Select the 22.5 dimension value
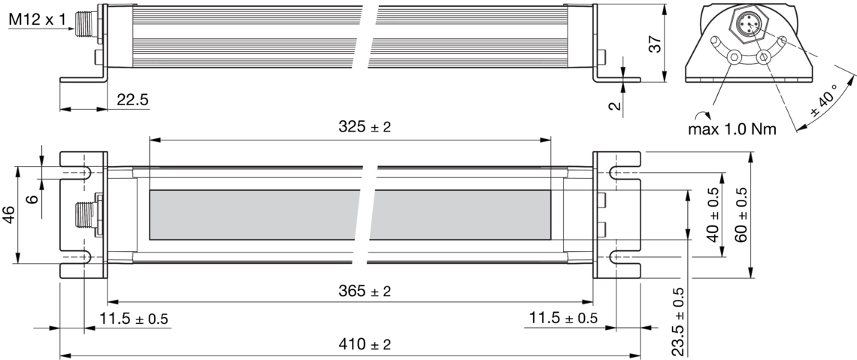point(132,99)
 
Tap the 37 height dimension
point(654,43)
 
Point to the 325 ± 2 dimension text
point(365,127)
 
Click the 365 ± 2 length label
point(365,291)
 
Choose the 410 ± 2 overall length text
point(365,345)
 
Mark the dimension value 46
point(9,215)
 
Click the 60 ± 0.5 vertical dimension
point(741,215)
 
